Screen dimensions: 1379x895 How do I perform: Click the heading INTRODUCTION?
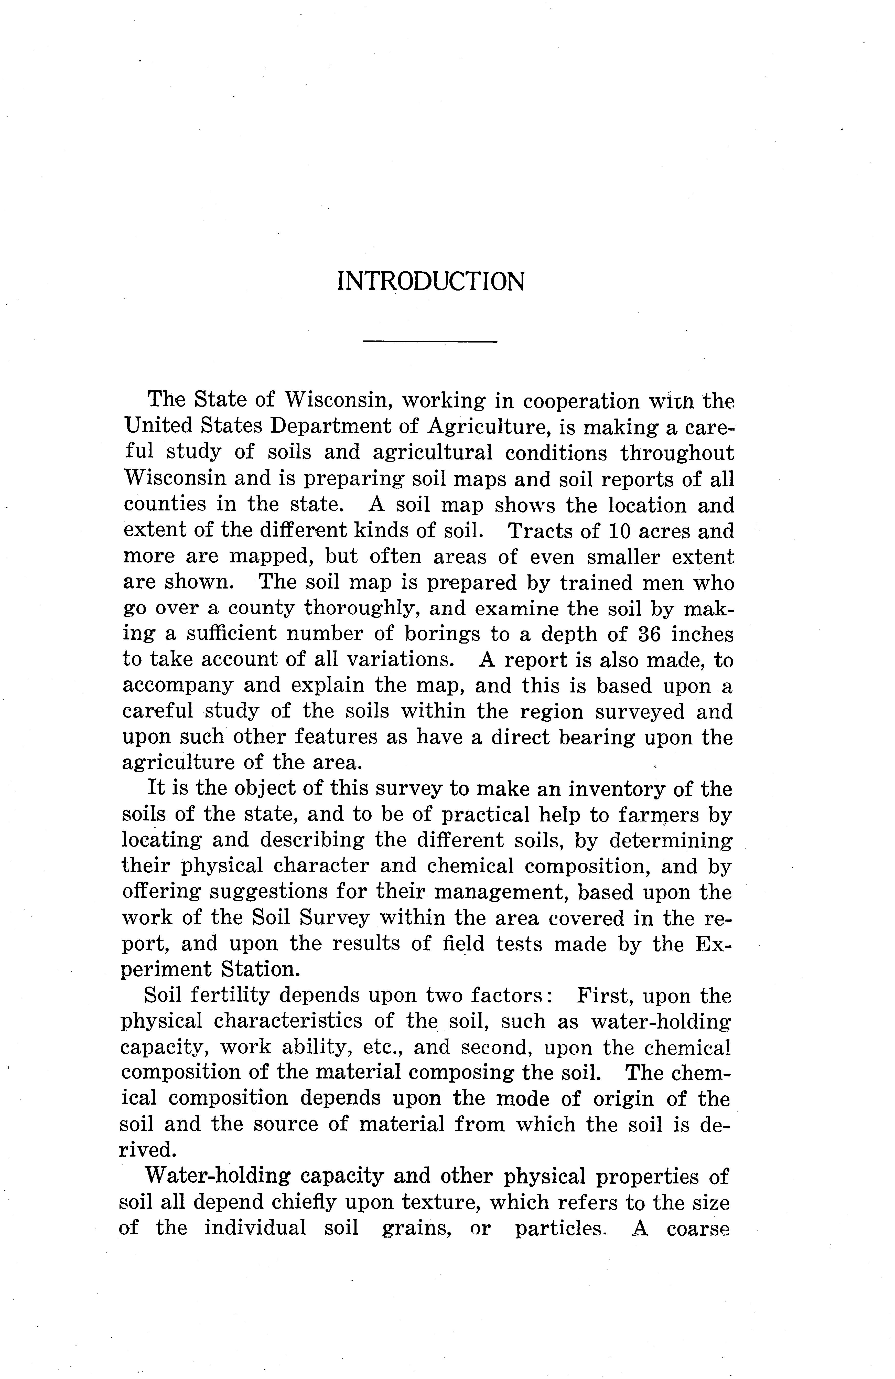click(430, 282)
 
